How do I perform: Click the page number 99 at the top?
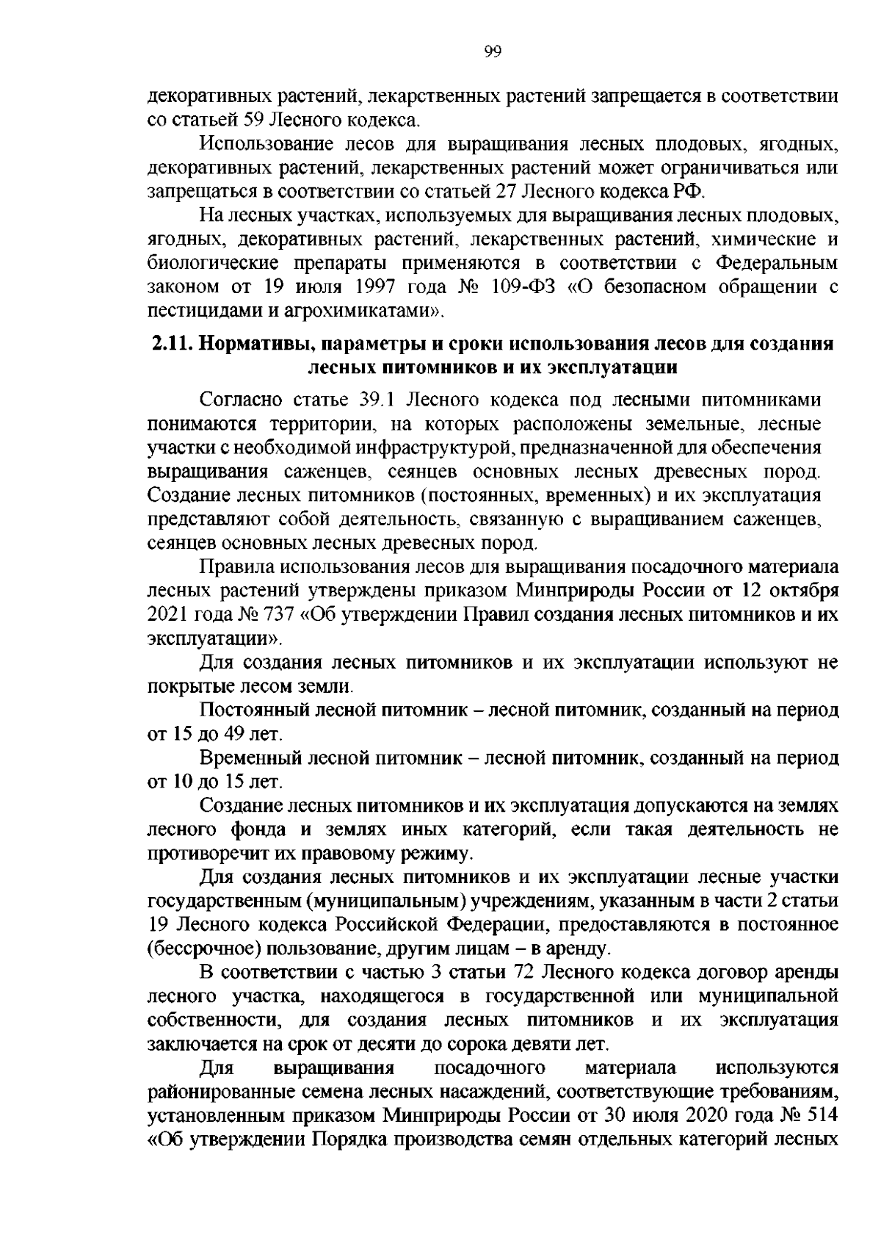(493, 51)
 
